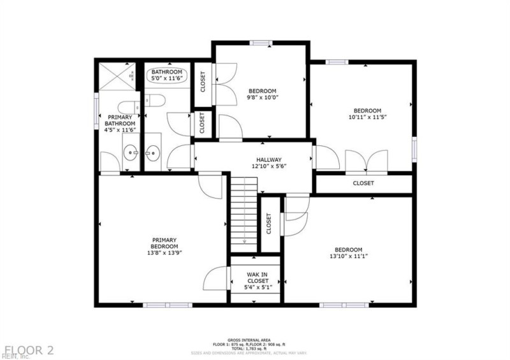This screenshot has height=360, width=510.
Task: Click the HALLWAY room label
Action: click(269, 160)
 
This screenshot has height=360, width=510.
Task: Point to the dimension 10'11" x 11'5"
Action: click(368, 117)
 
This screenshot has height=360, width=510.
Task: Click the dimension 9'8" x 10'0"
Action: click(263, 97)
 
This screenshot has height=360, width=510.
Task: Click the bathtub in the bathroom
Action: click(167, 78)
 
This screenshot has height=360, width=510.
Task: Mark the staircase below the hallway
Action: click(244, 213)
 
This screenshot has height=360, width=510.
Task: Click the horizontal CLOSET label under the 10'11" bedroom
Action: click(363, 184)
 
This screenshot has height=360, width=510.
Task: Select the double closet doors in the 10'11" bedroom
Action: click(367, 160)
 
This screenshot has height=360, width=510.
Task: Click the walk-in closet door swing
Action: click(215, 279)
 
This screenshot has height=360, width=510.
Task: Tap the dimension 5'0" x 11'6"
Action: click(167, 80)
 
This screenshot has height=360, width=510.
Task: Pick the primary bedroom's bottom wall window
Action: click(158, 305)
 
